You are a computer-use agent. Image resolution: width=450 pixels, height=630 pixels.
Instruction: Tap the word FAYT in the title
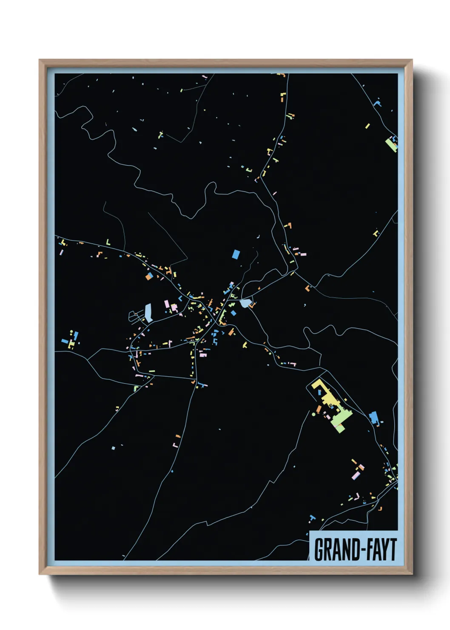(x=381, y=550)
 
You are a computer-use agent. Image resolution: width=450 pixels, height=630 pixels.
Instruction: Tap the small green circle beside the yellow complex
(x=314, y=414)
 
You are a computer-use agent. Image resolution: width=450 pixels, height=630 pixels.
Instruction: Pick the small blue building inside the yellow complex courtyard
(x=320, y=392)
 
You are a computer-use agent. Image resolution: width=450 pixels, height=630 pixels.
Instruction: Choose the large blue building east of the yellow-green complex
(x=373, y=418)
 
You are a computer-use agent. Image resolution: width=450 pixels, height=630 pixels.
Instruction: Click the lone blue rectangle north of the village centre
(x=236, y=254)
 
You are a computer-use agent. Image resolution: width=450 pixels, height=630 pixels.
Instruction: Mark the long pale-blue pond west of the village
(x=148, y=313)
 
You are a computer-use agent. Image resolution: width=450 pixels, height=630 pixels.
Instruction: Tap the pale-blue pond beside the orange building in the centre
(x=245, y=303)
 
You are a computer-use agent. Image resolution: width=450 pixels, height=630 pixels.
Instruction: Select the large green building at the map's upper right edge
(x=391, y=144)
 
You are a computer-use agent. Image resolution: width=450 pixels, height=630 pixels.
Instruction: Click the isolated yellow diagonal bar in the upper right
(x=367, y=126)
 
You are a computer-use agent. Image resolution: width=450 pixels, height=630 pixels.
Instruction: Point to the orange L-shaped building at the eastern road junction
(x=307, y=288)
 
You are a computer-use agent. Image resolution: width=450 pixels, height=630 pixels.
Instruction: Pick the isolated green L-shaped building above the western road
(x=108, y=243)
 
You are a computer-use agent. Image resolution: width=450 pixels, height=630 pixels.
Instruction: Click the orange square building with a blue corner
(x=149, y=277)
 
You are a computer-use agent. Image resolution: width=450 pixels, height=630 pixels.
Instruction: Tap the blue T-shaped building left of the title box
(x=313, y=518)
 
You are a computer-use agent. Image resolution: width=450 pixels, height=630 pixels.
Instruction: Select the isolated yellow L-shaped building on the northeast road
(x=376, y=233)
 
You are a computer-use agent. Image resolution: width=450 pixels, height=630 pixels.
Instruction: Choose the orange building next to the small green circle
(x=318, y=409)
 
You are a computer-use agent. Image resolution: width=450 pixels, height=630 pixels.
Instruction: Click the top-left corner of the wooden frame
(x=40, y=60)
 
